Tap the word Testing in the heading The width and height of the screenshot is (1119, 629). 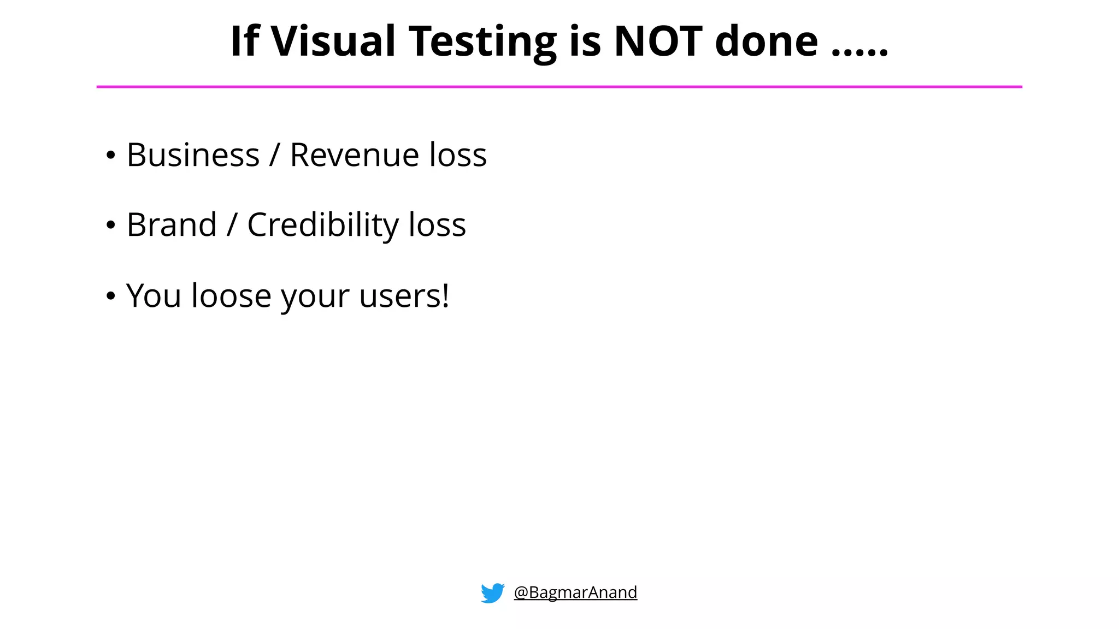click(482, 41)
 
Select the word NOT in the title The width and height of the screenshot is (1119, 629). click(658, 41)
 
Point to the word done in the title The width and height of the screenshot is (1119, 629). click(766, 41)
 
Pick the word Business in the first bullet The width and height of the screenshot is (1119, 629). click(193, 155)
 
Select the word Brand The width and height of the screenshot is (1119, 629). click(172, 225)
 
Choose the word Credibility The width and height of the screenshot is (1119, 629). click(323, 225)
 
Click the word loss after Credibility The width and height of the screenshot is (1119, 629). click(437, 225)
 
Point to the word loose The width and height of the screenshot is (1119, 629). click(231, 296)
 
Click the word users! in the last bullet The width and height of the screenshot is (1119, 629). click(404, 296)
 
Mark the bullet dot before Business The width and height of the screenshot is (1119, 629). click(111, 156)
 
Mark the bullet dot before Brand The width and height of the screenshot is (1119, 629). click(111, 226)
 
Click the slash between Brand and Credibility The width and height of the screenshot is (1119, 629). click(232, 225)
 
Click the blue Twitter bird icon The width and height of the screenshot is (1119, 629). click(492, 593)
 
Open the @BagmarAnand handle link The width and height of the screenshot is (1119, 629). click(575, 592)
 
